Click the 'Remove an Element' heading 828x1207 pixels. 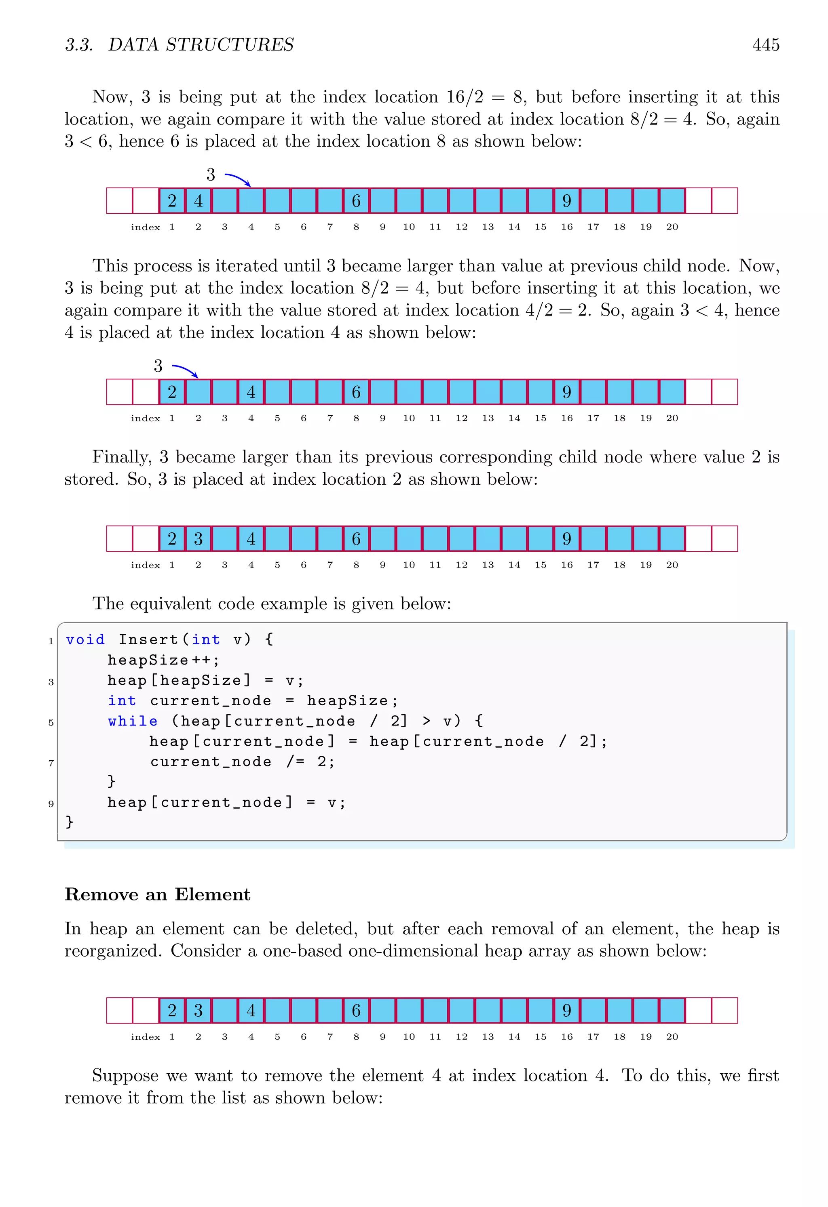click(158, 894)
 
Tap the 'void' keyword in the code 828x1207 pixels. click(85, 640)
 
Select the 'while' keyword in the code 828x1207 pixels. click(133, 721)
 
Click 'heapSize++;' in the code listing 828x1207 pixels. click(164, 660)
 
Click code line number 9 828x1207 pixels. click(51, 804)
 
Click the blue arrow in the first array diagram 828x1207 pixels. click(238, 179)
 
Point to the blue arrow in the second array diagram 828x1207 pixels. click(186, 370)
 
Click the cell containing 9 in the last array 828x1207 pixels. click(566, 1011)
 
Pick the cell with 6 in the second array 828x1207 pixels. click(356, 392)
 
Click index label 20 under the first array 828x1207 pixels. click(672, 227)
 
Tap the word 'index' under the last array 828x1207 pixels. click(146, 1037)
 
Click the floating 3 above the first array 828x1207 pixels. click(211, 175)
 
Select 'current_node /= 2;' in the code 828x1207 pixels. click(242, 762)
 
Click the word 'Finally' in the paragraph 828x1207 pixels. click(122, 457)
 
